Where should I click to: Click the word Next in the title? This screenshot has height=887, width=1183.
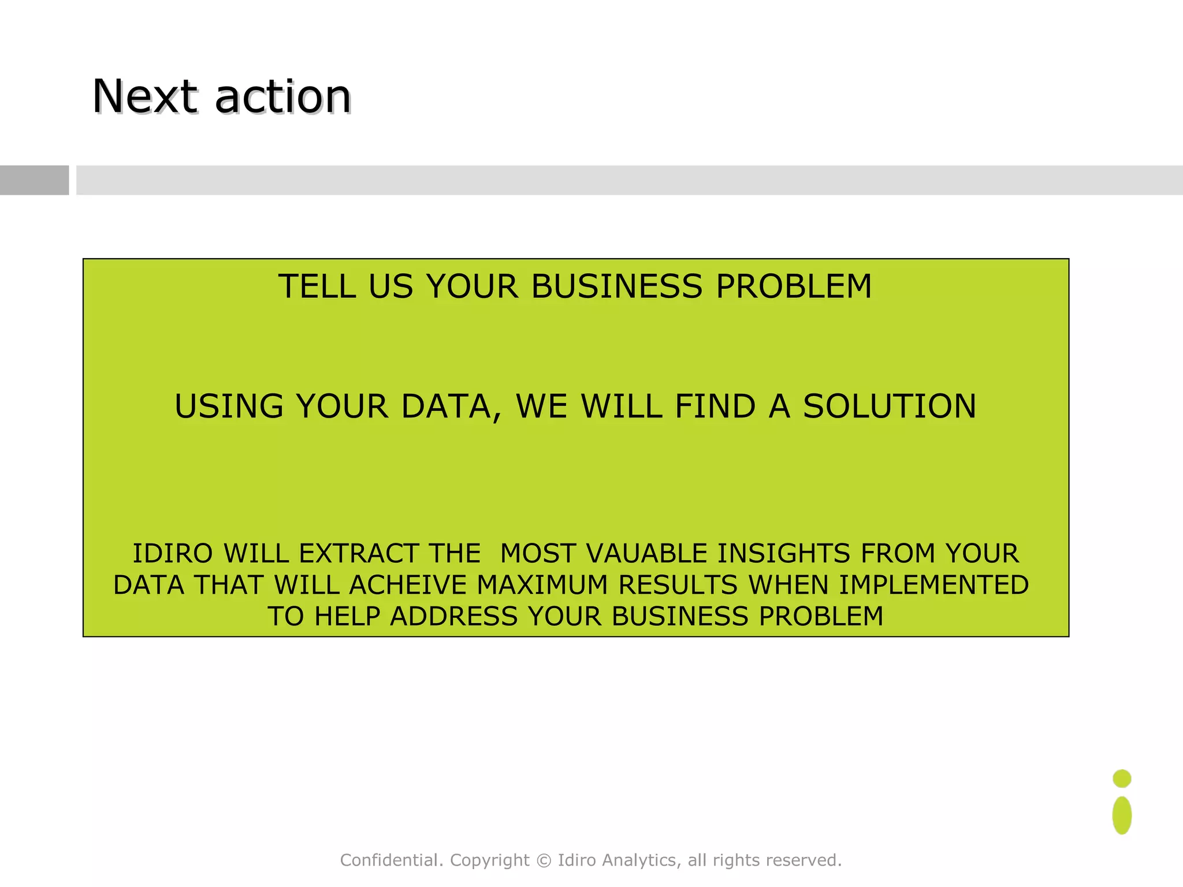point(144,96)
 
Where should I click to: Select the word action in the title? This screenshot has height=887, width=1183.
point(283,96)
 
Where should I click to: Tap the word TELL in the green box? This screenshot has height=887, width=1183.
point(317,286)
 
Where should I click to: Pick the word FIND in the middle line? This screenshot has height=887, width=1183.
point(715,406)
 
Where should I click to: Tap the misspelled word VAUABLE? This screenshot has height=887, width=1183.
point(646,553)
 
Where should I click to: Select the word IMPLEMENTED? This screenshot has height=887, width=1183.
point(933,585)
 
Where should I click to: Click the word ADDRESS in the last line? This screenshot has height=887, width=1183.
point(453,616)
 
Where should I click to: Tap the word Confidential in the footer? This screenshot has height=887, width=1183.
point(386,860)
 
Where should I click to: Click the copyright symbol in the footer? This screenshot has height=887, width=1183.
point(544,860)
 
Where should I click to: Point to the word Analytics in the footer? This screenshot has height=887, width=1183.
point(639,860)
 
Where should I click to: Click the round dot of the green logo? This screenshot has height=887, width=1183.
point(1122,778)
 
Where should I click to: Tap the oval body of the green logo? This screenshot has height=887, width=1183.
point(1122,815)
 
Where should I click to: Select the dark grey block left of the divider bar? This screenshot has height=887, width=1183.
point(34,180)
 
